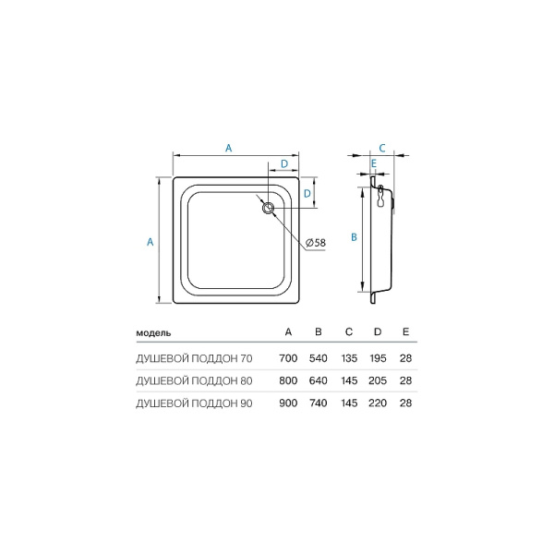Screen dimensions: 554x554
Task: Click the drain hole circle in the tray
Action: (x=269, y=210)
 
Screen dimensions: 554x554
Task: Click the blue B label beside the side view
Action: (x=353, y=237)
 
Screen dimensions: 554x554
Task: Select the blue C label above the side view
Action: (x=381, y=147)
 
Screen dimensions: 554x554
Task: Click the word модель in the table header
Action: (x=153, y=331)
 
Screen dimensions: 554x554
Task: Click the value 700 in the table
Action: (x=288, y=356)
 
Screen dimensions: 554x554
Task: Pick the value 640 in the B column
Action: (x=318, y=379)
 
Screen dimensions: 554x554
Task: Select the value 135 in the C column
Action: (x=347, y=356)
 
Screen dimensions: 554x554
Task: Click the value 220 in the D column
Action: (x=377, y=403)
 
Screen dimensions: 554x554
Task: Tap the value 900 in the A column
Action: (x=288, y=403)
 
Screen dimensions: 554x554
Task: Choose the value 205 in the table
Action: (x=377, y=379)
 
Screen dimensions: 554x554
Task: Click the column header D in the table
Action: (x=377, y=331)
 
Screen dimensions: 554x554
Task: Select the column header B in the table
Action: (x=318, y=331)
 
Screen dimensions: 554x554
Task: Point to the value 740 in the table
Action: (x=318, y=403)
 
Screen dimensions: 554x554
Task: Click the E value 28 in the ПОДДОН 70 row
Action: (x=406, y=356)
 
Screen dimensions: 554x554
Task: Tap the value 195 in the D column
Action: (x=377, y=356)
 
